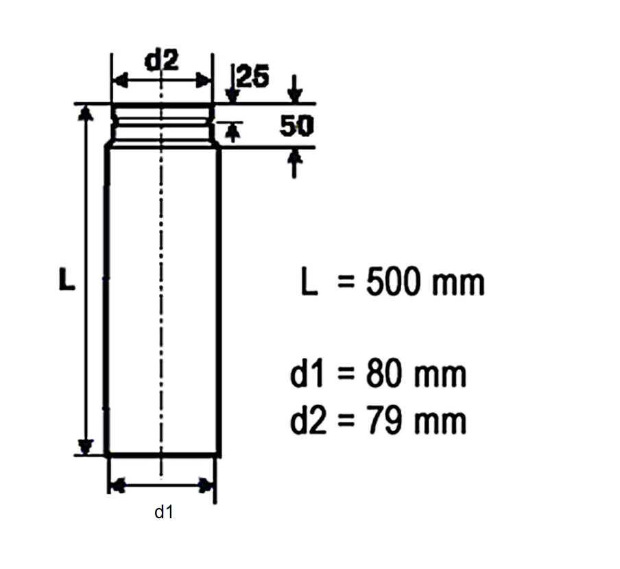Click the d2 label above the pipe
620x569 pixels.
coord(162,60)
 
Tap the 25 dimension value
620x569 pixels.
coord(254,75)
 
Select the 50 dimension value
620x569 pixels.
coord(296,126)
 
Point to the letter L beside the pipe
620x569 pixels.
coord(67,280)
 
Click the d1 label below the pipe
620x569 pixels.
coord(164,512)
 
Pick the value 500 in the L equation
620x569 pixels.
coord(392,282)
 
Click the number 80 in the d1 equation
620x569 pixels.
coord(383,374)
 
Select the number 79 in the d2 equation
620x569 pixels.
coord(383,421)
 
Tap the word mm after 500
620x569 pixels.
coord(458,284)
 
